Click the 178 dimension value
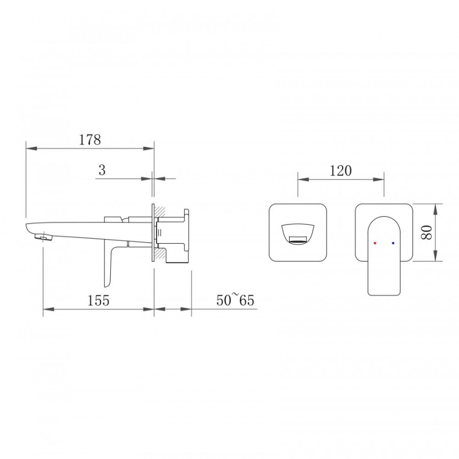tap(90, 140)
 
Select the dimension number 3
tap(102, 170)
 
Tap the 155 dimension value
tap(98, 300)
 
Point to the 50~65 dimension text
tap(235, 300)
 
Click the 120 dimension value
tap(341, 171)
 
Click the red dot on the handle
tap(375, 243)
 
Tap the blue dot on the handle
tap(393, 243)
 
